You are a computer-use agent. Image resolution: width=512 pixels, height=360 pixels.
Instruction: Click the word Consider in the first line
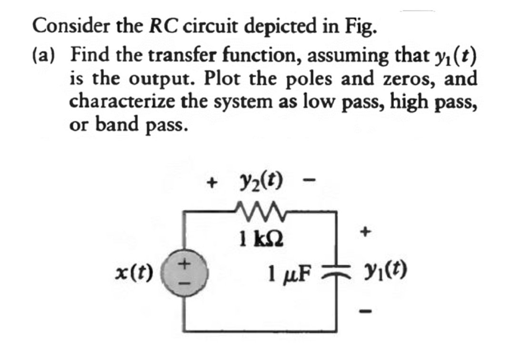click(x=64, y=26)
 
